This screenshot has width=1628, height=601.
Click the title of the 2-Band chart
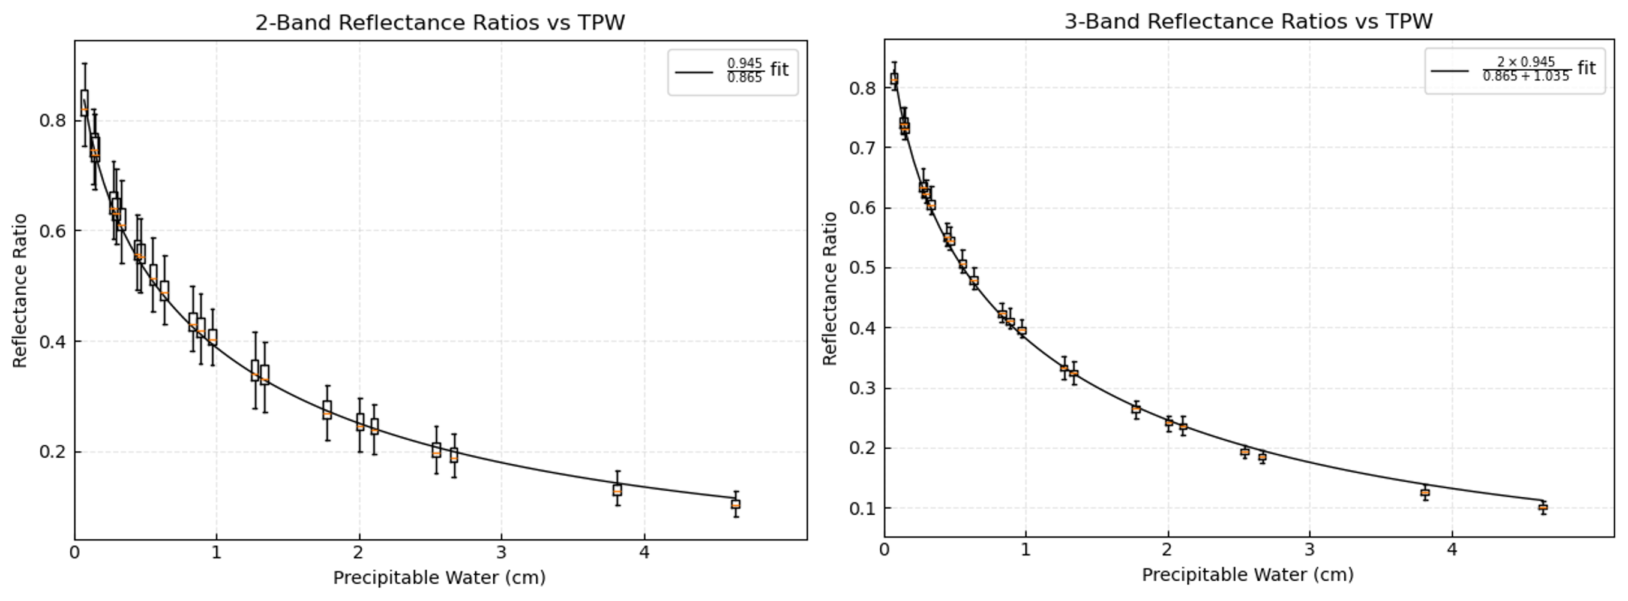440,23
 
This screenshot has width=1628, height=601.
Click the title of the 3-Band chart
1248,22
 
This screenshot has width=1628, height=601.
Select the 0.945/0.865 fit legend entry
733,71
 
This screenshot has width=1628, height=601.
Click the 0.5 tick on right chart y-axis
863,268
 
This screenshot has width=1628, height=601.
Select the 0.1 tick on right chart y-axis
863,508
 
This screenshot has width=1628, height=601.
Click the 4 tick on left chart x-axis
644,553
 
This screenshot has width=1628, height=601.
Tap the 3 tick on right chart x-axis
1309,551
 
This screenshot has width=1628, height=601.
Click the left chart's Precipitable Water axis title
439,578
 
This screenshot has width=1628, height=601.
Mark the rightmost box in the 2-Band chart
736,504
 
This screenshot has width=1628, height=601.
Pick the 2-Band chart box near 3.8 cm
617,490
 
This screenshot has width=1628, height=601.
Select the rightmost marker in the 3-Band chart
1543,507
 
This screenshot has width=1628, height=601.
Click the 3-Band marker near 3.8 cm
1425,493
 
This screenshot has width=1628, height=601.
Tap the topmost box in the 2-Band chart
84,103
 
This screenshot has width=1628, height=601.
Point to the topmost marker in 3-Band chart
894,79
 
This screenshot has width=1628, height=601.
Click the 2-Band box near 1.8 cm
326,410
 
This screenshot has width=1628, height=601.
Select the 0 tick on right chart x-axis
884,551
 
